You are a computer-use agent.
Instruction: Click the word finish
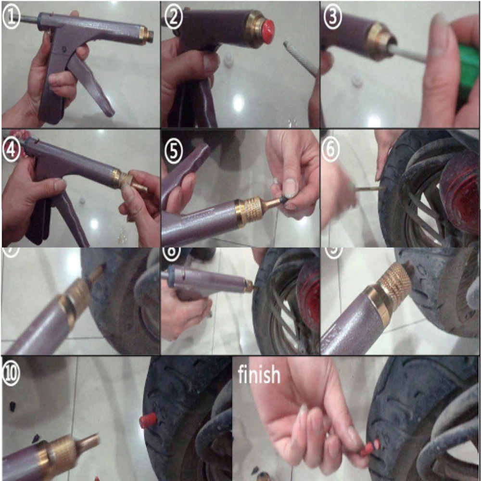[259, 374]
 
